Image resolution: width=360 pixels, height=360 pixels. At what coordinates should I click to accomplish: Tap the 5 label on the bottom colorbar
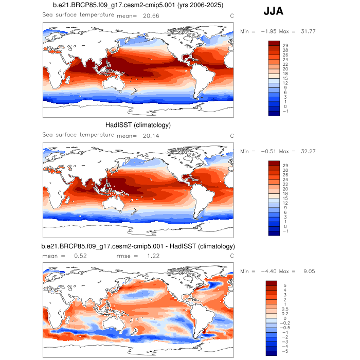tap(283, 285)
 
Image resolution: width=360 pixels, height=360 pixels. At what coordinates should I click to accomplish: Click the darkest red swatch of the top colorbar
tap(274, 43)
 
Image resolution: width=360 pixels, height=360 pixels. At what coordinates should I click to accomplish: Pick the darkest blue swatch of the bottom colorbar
tap(272, 352)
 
